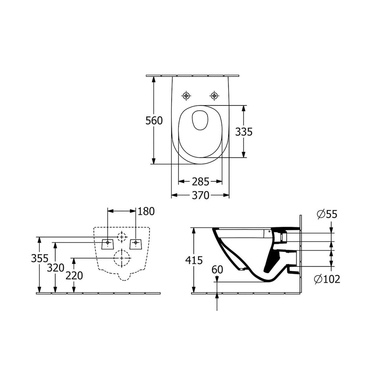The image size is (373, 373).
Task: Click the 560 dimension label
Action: click(x=154, y=120)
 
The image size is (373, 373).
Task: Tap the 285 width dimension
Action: click(x=200, y=181)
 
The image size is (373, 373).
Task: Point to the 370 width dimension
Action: click(x=200, y=195)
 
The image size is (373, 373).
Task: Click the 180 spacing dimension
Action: click(x=146, y=211)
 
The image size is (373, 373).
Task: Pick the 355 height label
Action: click(x=40, y=258)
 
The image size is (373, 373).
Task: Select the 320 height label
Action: click(x=56, y=267)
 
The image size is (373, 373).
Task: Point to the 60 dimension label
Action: click(x=217, y=269)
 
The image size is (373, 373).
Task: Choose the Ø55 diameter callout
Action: click(x=327, y=214)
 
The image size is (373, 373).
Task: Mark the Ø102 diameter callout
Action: click(x=327, y=279)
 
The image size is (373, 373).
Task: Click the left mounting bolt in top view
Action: click(x=186, y=95)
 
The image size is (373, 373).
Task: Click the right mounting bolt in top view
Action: click(x=214, y=95)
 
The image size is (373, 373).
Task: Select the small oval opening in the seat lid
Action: click(x=199, y=120)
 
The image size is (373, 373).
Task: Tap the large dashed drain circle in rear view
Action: click(x=122, y=258)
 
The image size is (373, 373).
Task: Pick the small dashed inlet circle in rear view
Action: click(x=122, y=237)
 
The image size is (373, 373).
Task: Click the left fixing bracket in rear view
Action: click(x=108, y=244)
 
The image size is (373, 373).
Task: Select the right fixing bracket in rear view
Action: click(x=136, y=244)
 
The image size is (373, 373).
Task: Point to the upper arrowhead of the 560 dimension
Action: click(x=153, y=78)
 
